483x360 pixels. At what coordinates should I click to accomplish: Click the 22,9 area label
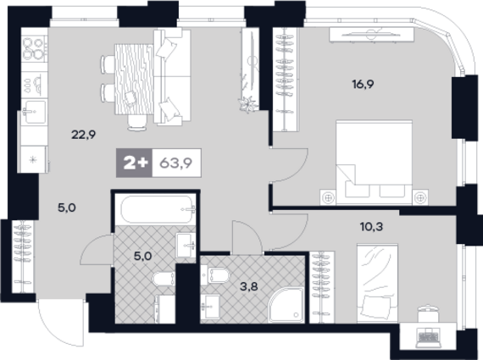pos(84,135)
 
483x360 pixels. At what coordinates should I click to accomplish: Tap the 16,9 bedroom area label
pos(363,84)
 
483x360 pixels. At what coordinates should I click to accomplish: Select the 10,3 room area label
pos(371,227)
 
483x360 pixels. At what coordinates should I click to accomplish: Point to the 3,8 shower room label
pos(248,286)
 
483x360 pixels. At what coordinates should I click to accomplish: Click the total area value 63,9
pos(176,163)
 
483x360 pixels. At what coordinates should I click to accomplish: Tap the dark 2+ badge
pos(134,163)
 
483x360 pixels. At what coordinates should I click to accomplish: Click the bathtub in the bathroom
pos(157,209)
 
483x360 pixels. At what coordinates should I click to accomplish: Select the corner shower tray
pos(286,305)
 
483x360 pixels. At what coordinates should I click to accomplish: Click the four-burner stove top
pos(34,48)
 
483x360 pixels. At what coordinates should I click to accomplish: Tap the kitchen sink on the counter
pos(34,112)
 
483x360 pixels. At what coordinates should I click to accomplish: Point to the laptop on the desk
pos(428,335)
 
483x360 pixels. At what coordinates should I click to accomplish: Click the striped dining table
pos(134,79)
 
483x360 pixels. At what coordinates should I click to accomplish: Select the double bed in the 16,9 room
pos(374,162)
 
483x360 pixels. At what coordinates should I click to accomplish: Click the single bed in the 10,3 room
pos(377,283)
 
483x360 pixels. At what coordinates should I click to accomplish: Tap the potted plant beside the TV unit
pos(247,103)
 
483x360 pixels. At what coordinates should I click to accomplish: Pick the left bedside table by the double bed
pos(328,197)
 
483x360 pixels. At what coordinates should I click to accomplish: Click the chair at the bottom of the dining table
pos(137,123)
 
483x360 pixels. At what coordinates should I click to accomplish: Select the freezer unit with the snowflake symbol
pos(33,159)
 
